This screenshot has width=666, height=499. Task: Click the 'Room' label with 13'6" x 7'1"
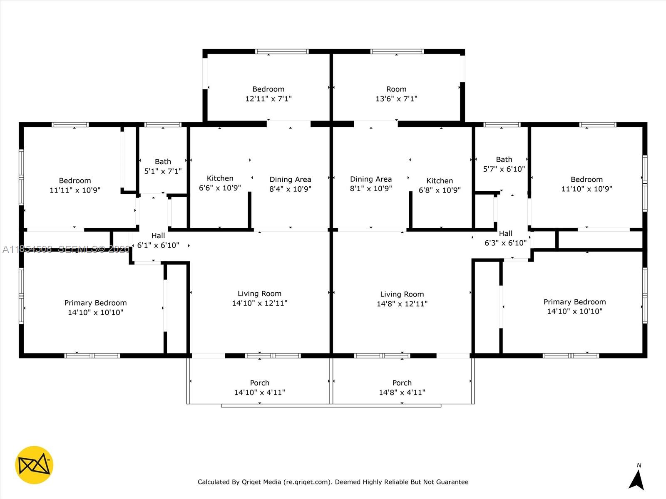tap(396, 94)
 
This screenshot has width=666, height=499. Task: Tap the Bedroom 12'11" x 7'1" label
tap(268, 94)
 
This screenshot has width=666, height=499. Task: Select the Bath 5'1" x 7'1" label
tap(163, 166)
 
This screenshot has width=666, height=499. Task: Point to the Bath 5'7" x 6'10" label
tap(504, 164)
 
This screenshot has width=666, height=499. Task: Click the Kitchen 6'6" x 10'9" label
tap(220, 183)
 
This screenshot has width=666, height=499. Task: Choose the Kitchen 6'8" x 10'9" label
tap(440, 185)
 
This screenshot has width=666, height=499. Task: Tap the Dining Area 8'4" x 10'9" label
tap(290, 184)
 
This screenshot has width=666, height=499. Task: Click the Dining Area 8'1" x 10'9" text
tap(370, 184)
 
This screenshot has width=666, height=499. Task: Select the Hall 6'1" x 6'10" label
tap(158, 240)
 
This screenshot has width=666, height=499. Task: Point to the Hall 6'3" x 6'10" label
tap(505, 238)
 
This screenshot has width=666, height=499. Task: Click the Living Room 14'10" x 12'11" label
tap(259, 298)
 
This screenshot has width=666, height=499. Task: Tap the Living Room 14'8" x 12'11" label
tap(402, 299)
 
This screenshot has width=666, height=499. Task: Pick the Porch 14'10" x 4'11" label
tap(259, 388)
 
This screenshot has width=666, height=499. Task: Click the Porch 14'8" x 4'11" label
tap(402, 388)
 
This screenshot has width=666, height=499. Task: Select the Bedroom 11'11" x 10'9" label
tap(75, 185)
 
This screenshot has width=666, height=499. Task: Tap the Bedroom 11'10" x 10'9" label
tap(586, 184)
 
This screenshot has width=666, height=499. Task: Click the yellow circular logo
tap(34, 465)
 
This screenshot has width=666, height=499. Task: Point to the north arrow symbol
tap(637, 479)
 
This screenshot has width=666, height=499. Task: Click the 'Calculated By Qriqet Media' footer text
tap(333, 482)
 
